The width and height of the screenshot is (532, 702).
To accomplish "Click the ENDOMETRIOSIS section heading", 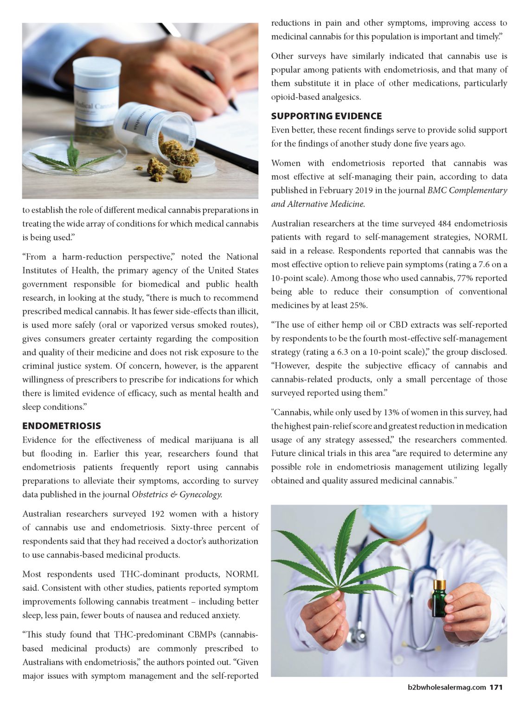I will [61, 426].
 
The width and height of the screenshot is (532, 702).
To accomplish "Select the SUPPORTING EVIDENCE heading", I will [327, 116].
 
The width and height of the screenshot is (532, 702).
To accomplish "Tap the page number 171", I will [496, 687].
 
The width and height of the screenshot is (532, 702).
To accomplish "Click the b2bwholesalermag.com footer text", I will [444, 687].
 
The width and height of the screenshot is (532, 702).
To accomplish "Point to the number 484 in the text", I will [446, 224].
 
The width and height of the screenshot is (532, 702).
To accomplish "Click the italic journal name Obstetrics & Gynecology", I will [177, 495].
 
